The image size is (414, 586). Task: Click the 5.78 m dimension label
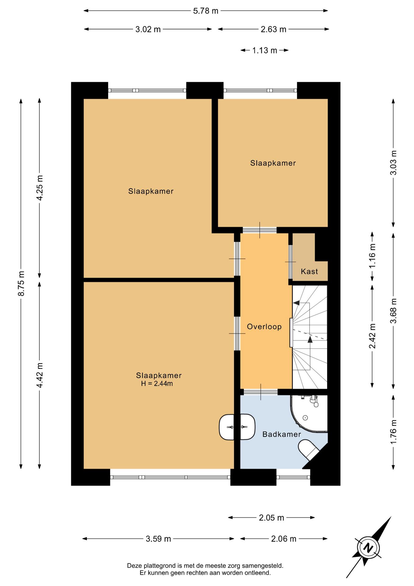(x=206, y=11)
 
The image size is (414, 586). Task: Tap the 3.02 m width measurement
(x=148, y=29)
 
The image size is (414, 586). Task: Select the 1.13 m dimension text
(x=265, y=50)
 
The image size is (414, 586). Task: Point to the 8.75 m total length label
(x=21, y=283)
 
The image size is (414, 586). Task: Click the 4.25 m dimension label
(x=39, y=188)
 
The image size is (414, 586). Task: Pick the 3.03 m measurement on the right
(x=393, y=163)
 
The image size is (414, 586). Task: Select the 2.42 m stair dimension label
(x=372, y=336)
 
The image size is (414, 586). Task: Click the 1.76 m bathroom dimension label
(x=393, y=432)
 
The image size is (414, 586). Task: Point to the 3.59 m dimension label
(x=158, y=539)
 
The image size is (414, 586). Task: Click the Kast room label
(x=309, y=271)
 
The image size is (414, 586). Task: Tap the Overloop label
(x=264, y=327)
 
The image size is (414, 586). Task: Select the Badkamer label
(x=282, y=434)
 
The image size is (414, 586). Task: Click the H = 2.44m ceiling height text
(x=157, y=384)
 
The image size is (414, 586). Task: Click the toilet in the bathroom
(x=308, y=450)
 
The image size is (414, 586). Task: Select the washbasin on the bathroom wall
(x=237, y=427)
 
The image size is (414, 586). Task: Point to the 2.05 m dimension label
(x=271, y=518)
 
